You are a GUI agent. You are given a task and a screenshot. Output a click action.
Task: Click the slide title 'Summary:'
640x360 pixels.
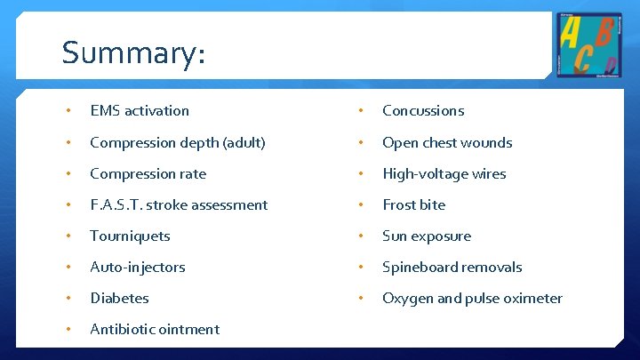133,53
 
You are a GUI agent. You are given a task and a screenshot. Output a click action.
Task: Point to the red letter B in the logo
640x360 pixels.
606,33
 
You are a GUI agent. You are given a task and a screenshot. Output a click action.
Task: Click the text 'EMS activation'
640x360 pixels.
140,111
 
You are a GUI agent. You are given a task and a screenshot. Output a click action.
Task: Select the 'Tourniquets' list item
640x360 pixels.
130,236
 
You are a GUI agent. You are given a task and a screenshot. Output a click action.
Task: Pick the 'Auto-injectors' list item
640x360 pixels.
138,268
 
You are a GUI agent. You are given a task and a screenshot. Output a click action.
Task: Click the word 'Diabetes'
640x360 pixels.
119,299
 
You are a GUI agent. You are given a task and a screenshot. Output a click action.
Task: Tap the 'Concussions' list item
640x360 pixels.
423,111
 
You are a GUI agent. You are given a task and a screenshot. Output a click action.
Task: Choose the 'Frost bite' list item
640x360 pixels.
413,205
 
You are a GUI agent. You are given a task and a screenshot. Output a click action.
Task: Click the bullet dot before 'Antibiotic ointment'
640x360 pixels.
69,330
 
